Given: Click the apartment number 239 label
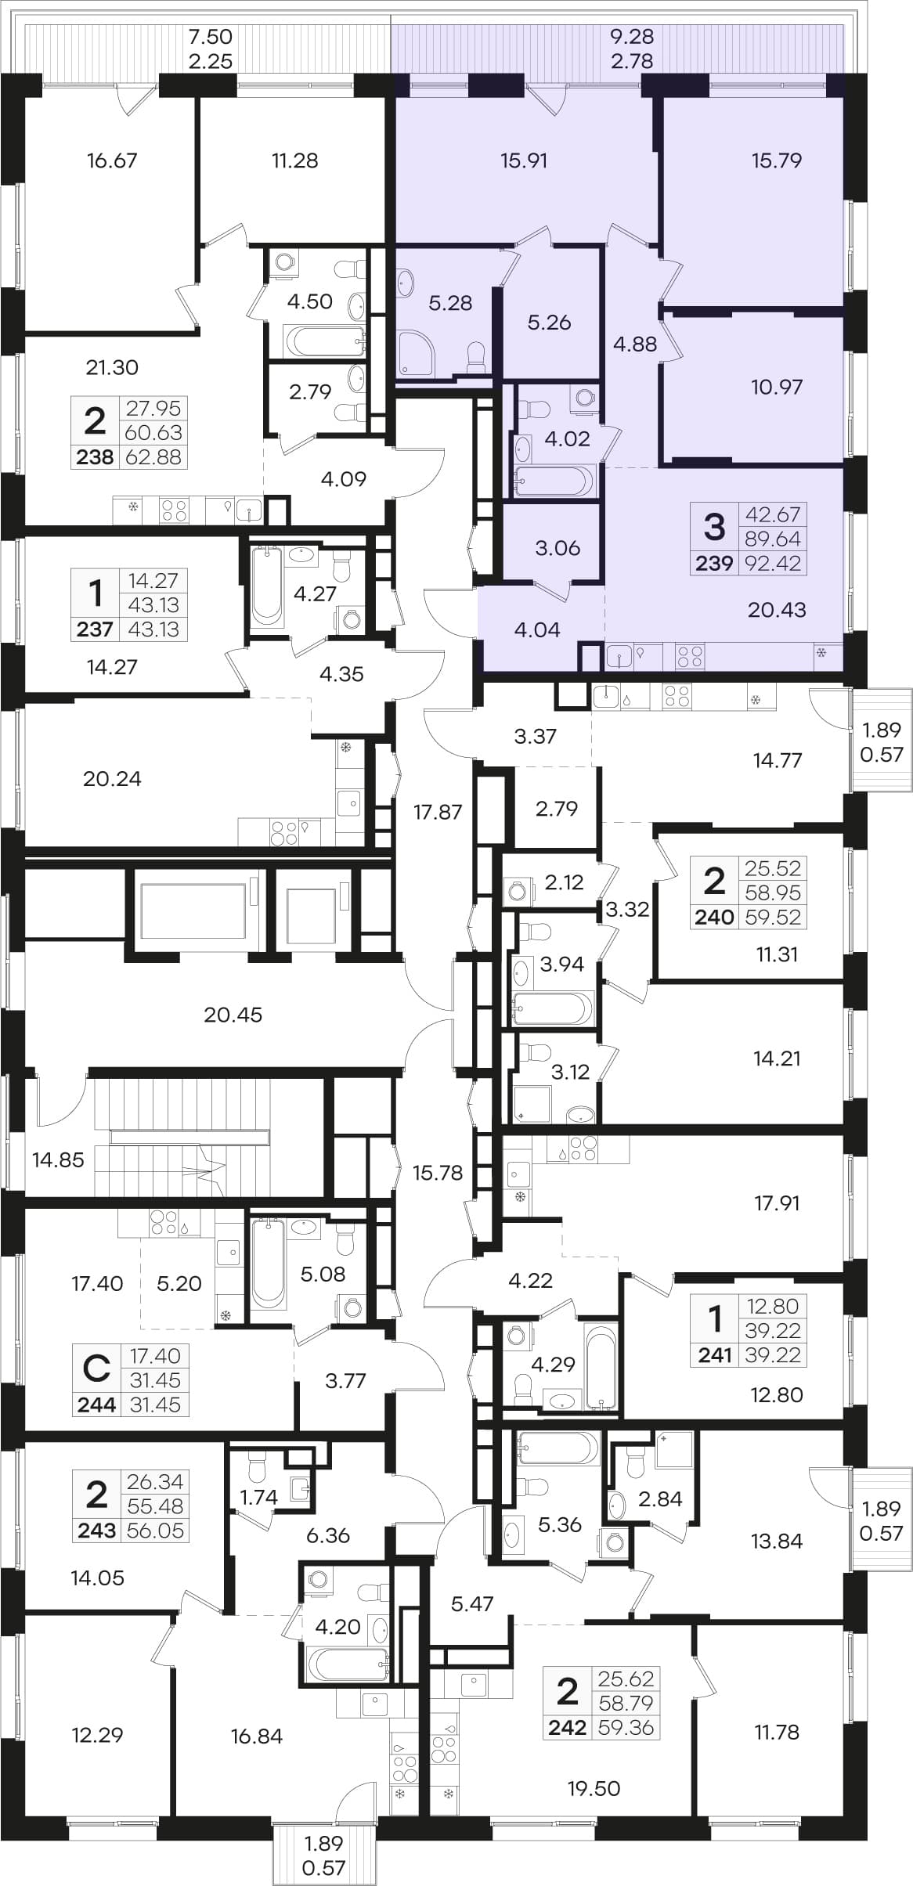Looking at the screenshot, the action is pos(714,563).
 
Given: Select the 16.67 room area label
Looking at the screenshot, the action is pos(112,160).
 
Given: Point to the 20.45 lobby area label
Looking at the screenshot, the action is pos(233,1015).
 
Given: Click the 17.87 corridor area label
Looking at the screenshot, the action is pos(438,812).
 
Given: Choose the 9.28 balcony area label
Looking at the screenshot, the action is pos(631,36).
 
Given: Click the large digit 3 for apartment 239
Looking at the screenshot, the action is pos(714,526).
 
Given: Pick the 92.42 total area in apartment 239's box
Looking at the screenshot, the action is pos(773,563).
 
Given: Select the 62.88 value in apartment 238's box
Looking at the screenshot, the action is pos(153,457).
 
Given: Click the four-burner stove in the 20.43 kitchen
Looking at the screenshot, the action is pos(690,655).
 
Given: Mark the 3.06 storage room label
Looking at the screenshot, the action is pos(558,548).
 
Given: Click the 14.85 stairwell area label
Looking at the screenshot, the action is pos(58,1159).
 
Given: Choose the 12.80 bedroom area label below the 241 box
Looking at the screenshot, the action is pos(776,1394).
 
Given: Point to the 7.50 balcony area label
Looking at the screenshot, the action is pos(211,36).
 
